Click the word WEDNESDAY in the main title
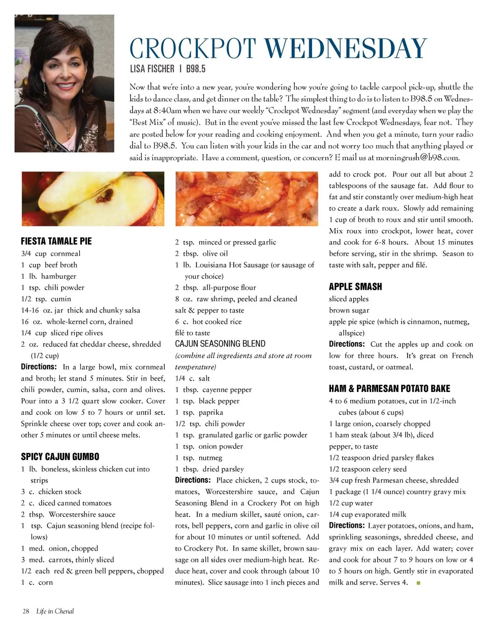click(x=345, y=49)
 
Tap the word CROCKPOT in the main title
click(x=193, y=49)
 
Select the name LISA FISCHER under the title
click(x=151, y=69)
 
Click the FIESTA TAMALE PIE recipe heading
click(x=56, y=241)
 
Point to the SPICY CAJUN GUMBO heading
click(x=60, y=457)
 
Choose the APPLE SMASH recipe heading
click(x=355, y=287)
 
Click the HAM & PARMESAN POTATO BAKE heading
click(x=389, y=389)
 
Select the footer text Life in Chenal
click(x=55, y=611)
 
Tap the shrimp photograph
click(x=247, y=198)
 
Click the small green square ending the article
click(x=418, y=583)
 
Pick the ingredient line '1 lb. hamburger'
click(x=49, y=276)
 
